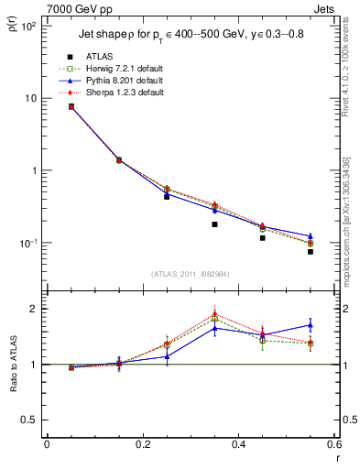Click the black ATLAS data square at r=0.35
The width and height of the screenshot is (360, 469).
(214, 224)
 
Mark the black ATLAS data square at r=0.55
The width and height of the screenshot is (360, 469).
(311, 251)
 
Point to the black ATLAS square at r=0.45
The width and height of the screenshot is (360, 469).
(263, 238)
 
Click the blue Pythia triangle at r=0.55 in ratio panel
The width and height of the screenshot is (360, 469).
(311, 325)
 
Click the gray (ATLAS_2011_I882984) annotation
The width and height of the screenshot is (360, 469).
(191, 274)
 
